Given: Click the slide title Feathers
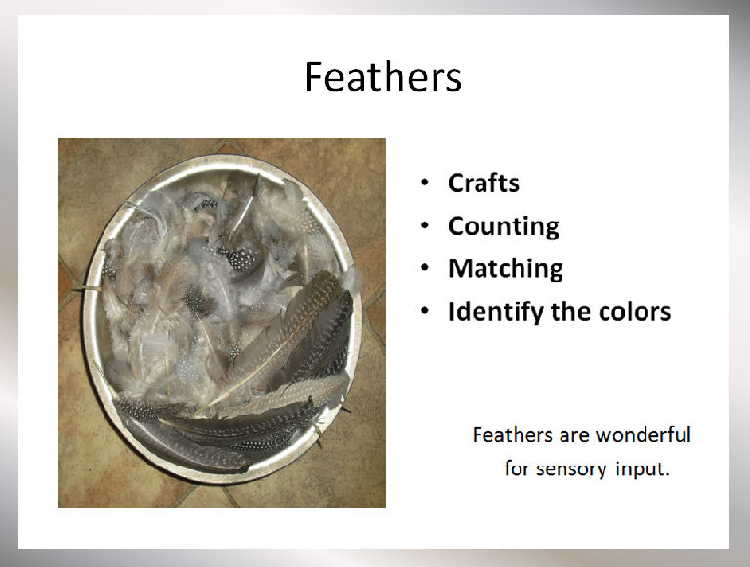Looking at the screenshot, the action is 383,76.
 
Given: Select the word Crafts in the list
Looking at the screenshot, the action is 483,182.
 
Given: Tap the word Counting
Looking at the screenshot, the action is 504,226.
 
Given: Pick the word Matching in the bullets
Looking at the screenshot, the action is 506,269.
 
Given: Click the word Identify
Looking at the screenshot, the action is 496,312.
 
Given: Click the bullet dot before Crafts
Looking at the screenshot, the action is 425,182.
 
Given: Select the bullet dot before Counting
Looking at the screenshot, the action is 425,225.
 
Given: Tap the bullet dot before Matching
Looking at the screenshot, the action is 425,268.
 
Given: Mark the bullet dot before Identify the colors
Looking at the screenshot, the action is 425,311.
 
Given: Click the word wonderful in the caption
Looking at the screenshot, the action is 644,435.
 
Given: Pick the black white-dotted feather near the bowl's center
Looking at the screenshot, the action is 237,259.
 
